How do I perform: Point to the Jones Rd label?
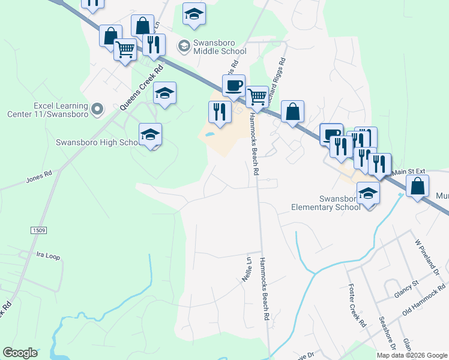click(x=39, y=179)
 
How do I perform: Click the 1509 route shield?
click(x=37, y=230)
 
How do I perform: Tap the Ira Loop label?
click(x=49, y=256)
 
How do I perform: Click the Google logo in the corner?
click(x=20, y=353)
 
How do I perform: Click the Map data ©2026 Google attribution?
click(x=412, y=355)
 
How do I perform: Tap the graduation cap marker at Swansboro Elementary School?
click(x=369, y=194)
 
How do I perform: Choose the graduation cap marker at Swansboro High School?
click(x=151, y=134)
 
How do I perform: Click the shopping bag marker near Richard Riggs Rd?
click(x=292, y=112)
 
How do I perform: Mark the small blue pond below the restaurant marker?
click(x=209, y=134)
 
